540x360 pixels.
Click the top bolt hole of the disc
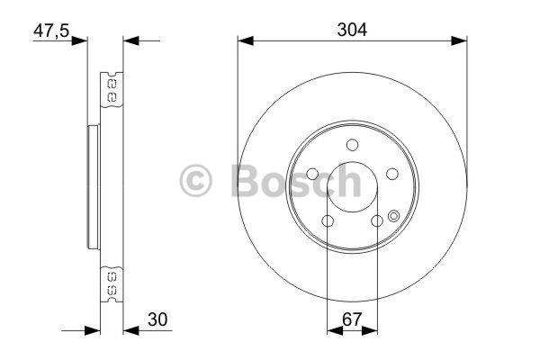coord(352,145)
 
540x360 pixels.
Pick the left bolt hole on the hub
coord(312,175)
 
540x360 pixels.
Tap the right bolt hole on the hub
coord(392,175)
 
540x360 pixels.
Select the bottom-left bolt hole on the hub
coord(328,220)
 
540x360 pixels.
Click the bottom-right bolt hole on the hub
coord(377,220)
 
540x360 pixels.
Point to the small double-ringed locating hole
coord(394,215)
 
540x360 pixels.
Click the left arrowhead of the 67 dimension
coord(332,332)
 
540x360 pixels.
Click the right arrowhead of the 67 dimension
coord(373,332)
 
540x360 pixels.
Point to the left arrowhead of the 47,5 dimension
coord(82,40)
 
